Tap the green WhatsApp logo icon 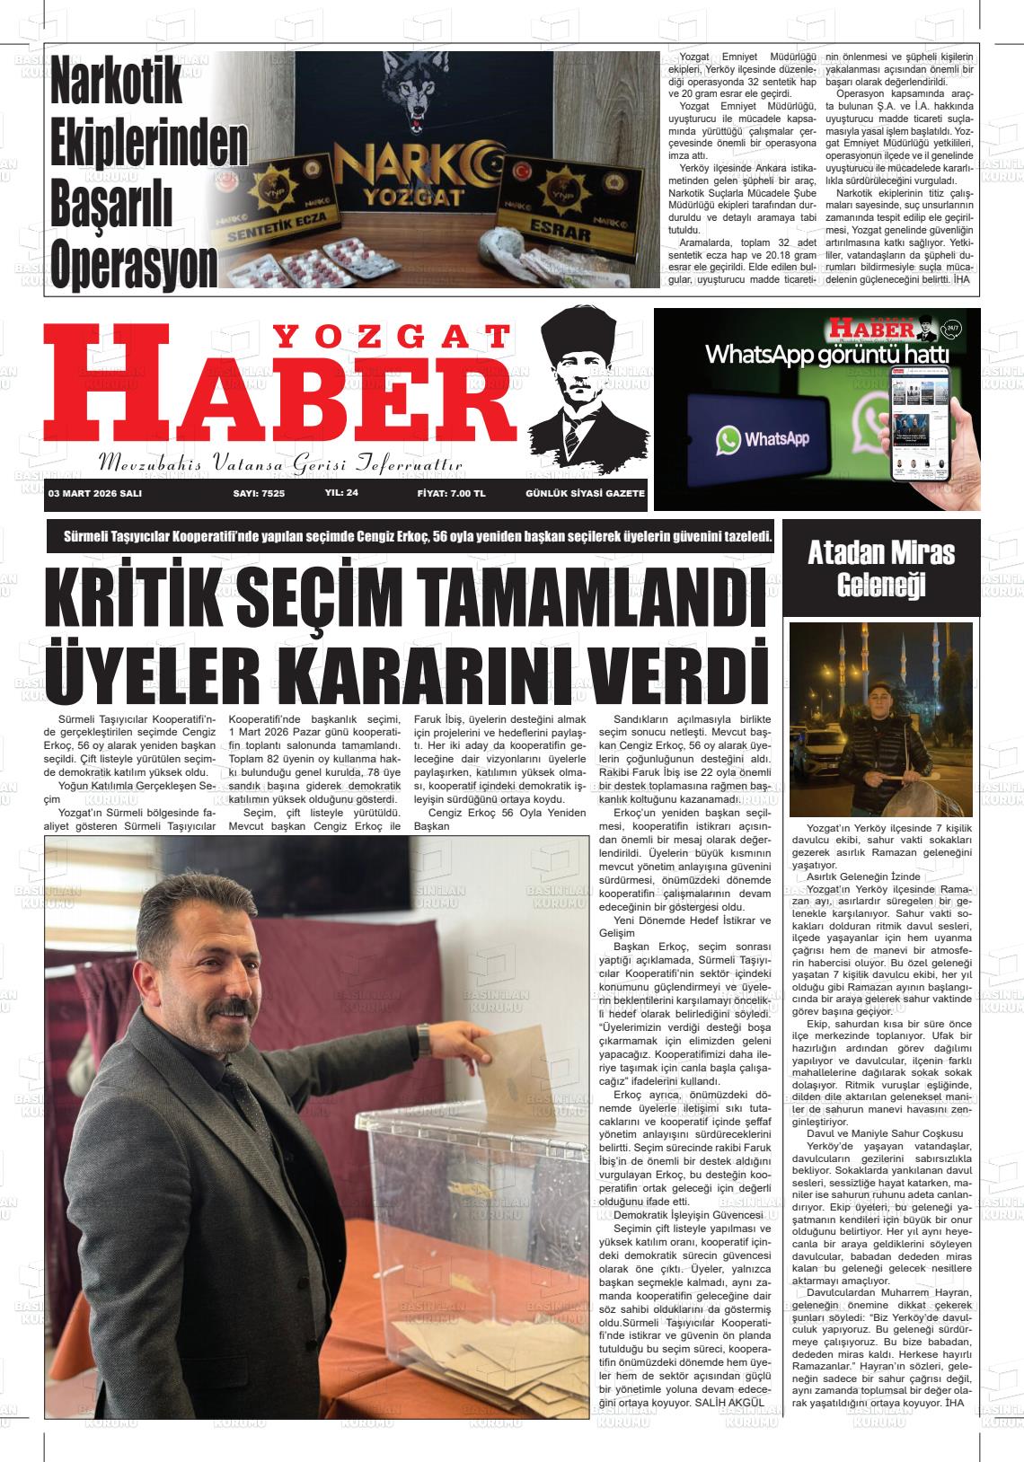pyautogui.click(x=728, y=439)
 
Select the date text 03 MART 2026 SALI pyautogui.click(x=95, y=493)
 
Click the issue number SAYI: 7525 pyautogui.click(x=259, y=493)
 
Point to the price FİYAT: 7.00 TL pyautogui.click(x=451, y=493)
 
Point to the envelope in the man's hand pyautogui.click(x=516, y=1078)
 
